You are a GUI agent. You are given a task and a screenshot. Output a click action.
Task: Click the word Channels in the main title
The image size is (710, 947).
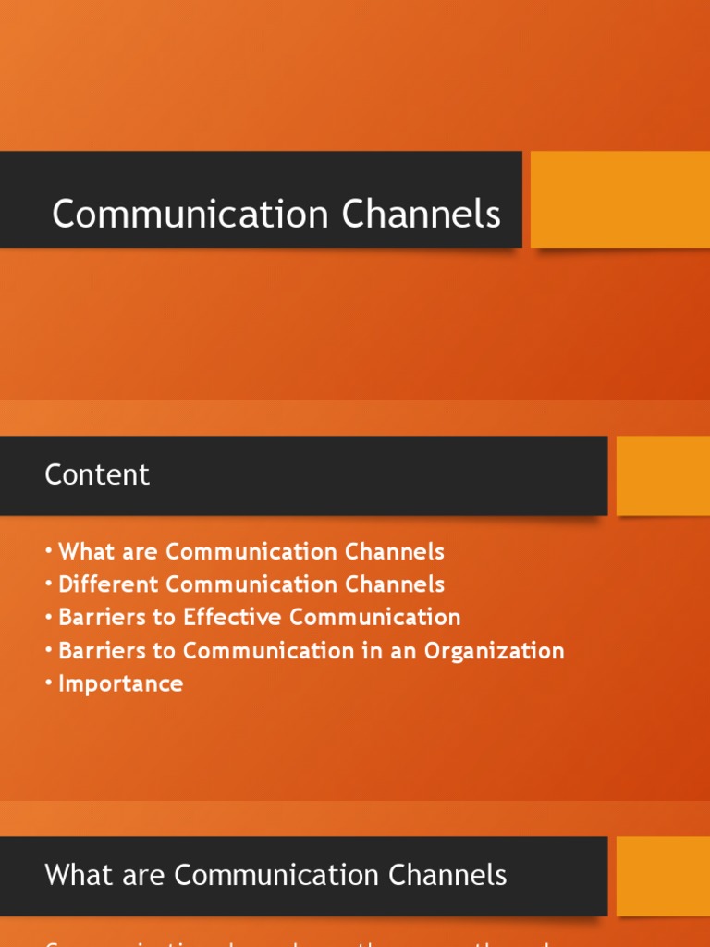pyautogui.click(x=421, y=215)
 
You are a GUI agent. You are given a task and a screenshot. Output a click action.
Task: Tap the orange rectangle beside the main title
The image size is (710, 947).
pyautogui.click(x=619, y=199)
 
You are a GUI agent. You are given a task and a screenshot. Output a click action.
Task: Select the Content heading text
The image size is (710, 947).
pyautogui.click(x=97, y=474)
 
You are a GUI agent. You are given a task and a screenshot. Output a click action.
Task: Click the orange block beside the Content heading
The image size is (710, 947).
pyautogui.click(x=663, y=475)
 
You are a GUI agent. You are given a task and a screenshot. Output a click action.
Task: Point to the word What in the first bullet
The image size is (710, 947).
pyautogui.click(x=84, y=552)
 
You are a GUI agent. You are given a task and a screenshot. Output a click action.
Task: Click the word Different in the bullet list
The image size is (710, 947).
pyautogui.click(x=109, y=584)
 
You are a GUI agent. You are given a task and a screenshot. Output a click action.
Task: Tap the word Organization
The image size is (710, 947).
pyautogui.click(x=494, y=651)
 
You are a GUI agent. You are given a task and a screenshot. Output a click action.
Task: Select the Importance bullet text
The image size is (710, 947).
pyautogui.click(x=120, y=683)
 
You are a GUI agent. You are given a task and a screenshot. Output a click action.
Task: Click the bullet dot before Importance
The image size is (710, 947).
pyautogui.click(x=48, y=683)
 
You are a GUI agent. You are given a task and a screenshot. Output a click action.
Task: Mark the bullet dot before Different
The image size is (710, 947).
pyautogui.click(x=48, y=584)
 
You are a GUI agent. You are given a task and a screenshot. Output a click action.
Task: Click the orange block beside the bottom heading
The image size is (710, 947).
pyautogui.click(x=663, y=875)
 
